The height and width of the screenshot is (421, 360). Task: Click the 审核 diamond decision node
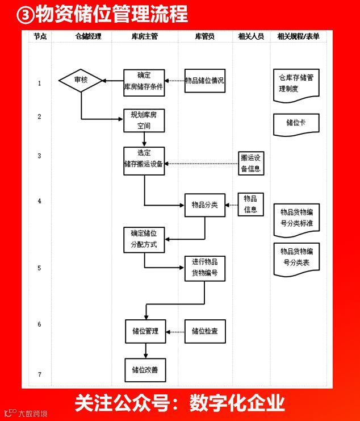tap(81, 81)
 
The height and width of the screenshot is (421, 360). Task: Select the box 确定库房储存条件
tap(144, 82)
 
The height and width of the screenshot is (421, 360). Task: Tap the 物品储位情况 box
tap(204, 81)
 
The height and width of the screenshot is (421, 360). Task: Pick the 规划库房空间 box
tap(144, 120)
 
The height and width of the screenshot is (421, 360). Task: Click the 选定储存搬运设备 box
tap(144, 160)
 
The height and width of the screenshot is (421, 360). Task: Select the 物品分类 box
tap(204, 205)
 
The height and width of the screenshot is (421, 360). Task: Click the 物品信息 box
tap(250, 203)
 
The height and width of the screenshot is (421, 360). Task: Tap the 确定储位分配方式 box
tap(144, 240)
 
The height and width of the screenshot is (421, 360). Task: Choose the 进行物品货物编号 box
tap(204, 268)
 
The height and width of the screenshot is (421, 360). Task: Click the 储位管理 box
tap(145, 331)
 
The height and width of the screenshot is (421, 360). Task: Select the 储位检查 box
tap(204, 331)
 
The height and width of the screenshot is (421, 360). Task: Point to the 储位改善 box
tap(145, 370)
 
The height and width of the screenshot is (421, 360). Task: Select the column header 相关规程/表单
tap(298, 36)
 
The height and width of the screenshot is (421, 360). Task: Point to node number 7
tap(39, 374)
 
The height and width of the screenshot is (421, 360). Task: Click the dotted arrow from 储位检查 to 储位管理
tap(175, 331)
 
